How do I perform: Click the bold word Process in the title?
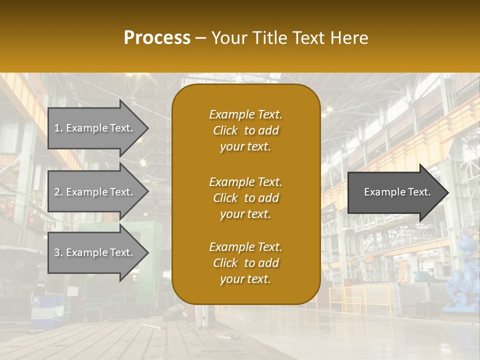click(157, 38)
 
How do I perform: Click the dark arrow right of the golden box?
click(395, 192)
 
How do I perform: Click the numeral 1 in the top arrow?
click(57, 128)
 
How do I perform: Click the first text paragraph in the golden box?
click(245, 130)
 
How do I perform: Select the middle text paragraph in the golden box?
click(245, 198)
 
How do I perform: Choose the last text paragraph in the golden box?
click(245, 263)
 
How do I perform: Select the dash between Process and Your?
click(201, 38)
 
